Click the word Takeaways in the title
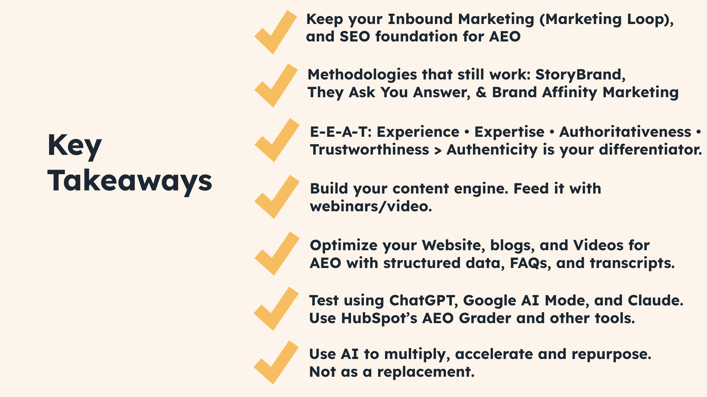[129, 181]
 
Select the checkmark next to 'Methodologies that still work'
[275, 87]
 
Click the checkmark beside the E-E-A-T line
[276, 141]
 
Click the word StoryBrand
[580, 75]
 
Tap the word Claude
[655, 301]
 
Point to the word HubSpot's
[379, 318]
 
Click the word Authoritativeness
[625, 132]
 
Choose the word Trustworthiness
[369, 150]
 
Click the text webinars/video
[371, 206]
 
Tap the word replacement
[426, 372]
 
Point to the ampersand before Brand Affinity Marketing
[481, 93]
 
